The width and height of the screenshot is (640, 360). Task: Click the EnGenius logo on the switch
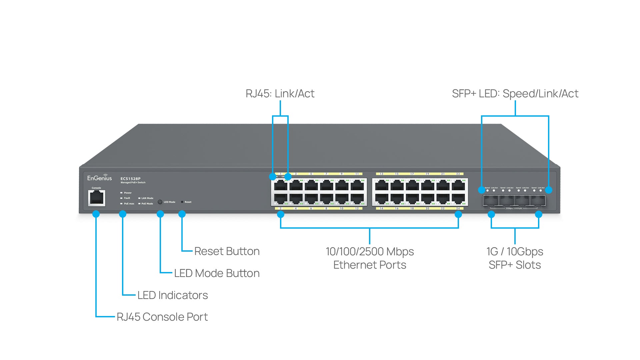tap(99, 178)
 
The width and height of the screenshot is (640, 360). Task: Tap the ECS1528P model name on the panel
tap(130, 179)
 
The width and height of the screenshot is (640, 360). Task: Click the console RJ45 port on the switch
tap(97, 198)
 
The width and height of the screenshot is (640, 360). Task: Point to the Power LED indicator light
tap(122, 193)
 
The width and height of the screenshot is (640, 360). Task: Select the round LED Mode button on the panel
tap(160, 202)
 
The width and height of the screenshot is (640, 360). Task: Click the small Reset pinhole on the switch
tap(182, 202)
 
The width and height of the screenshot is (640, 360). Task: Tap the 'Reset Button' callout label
tap(227, 251)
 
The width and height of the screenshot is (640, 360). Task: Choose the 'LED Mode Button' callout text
tap(217, 273)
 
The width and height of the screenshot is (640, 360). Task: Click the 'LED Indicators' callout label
tap(172, 295)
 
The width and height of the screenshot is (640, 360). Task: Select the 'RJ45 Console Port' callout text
tap(162, 317)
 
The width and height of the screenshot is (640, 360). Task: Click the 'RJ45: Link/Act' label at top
tap(280, 94)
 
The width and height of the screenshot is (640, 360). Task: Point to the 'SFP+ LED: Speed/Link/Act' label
tap(515, 94)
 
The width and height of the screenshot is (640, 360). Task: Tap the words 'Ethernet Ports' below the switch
tap(370, 265)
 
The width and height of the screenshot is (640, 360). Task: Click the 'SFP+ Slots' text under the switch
tap(515, 265)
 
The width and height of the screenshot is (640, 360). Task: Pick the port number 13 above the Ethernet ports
tap(381, 174)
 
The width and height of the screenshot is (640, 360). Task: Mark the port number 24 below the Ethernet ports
tap(458, 208)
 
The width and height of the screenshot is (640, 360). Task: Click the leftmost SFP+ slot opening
tap(491, 201)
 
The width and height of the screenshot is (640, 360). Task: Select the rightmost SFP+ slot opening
tap(538, 201)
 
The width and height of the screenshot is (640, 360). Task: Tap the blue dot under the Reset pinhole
tap(182, 214)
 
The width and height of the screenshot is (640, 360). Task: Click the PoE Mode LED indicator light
tap(139, 204)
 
